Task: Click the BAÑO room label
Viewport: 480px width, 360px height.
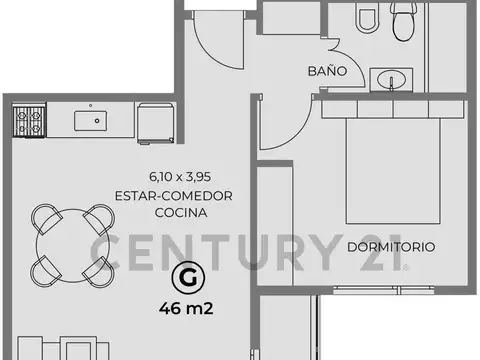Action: [327, 73]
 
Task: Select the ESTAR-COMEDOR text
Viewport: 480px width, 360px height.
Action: [174, 196]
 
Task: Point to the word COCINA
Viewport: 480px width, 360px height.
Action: [174, 213]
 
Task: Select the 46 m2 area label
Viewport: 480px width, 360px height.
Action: [184, 306]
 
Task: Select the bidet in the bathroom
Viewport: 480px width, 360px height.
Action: [364, 17]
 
